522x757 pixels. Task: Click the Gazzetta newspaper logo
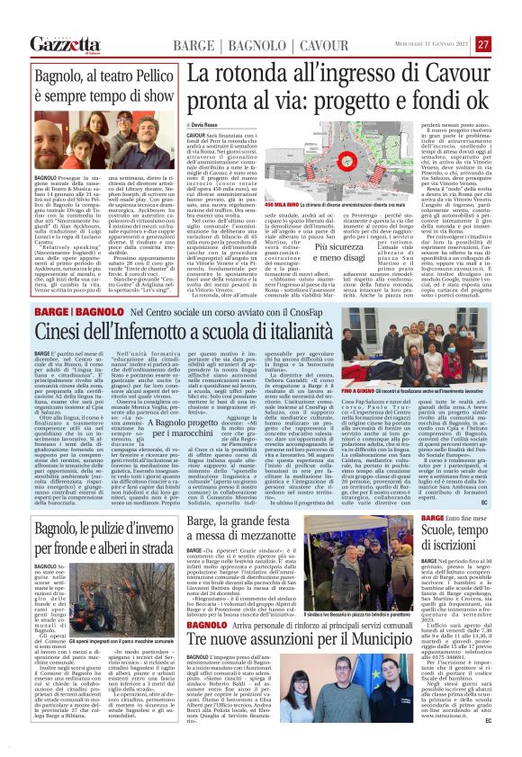point(65,44)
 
